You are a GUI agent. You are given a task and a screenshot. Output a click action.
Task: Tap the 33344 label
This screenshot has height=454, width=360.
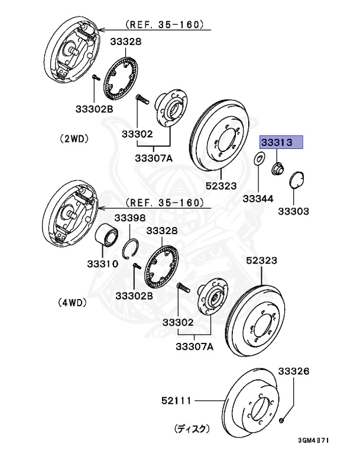258,199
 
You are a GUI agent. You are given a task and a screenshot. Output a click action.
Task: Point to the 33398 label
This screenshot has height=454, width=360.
129,218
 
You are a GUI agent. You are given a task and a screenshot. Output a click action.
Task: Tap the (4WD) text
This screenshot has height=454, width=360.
72,303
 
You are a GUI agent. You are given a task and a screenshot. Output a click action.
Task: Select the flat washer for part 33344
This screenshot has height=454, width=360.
259,158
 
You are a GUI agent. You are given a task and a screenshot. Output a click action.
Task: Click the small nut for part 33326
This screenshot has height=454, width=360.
283,421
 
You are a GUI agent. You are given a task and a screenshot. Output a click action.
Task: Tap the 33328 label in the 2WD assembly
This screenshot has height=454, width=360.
125,42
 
